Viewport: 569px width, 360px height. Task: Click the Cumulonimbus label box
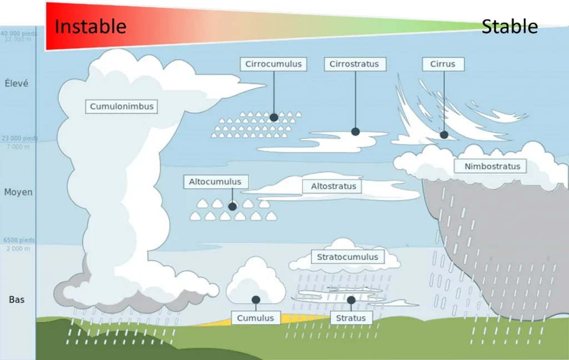point(122,107)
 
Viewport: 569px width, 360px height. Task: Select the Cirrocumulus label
point(273,64)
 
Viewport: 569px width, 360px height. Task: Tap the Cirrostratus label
point(354,64)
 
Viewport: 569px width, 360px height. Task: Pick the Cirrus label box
point(442,64)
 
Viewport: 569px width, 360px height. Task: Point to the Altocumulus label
point(215,182)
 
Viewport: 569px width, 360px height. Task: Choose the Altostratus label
point(333,186)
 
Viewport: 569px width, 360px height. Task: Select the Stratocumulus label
point(347,257)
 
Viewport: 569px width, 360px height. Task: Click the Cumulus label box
point(256,318)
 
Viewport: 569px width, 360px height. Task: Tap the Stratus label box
point(351,318)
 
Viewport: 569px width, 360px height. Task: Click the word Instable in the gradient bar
point(91,26)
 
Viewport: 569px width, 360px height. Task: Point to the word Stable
point(510,26)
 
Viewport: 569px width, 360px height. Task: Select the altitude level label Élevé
point(17,83)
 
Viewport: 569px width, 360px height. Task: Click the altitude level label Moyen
point(18,192)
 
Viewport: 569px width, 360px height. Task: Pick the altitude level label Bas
point(17,300)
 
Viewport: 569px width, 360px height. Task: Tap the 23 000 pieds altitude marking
point(19,138)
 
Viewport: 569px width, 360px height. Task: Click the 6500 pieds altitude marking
point(19,240)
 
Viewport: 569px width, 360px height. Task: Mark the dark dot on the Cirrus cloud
point(444,134)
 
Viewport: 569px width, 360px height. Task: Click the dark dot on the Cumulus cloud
point(256,299)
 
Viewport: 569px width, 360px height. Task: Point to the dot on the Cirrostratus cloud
point(356,132)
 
